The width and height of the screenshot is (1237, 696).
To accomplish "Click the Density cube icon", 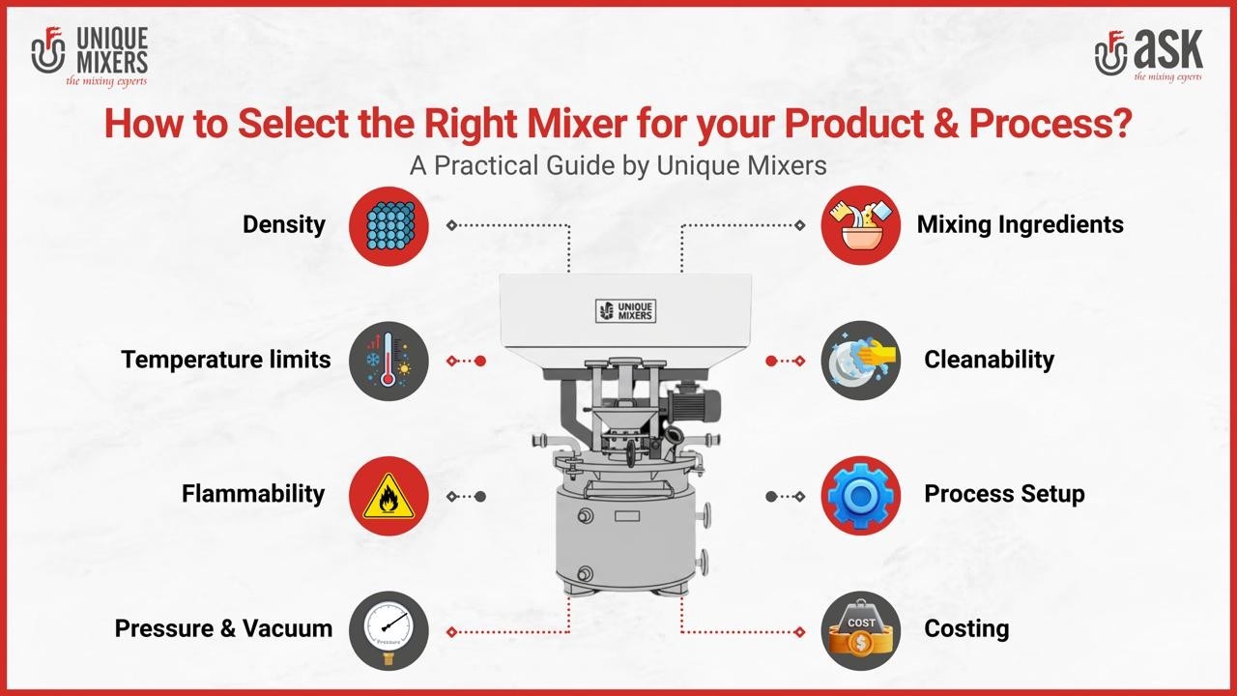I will click(388, 225).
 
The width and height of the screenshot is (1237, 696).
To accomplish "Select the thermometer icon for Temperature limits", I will click(388, 361).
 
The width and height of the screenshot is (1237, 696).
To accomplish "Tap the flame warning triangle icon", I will click(388, 496).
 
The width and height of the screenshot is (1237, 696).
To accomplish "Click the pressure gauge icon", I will click(388, 630).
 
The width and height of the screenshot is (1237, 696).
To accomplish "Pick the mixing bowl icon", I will click(860, 225).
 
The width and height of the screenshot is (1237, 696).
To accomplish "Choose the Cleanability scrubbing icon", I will click(860, 361).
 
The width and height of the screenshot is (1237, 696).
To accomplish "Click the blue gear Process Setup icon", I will click(860, 496).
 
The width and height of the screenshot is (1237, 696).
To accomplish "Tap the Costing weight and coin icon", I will click(860, 630).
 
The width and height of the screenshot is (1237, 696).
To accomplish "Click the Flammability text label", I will click(253, 494).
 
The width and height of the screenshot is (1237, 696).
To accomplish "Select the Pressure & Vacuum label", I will click(223, 628).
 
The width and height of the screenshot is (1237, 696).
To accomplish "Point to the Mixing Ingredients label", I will click(1020, 225).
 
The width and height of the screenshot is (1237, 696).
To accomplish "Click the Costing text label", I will click(966, 628).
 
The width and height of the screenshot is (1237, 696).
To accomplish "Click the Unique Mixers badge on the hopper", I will click(625, 310).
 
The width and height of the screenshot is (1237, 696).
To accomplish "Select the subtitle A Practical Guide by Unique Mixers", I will click(618, 165).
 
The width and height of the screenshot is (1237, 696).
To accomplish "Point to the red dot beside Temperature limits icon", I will click(480, 361).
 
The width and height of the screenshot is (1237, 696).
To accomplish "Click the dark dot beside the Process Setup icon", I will click(771, 496).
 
